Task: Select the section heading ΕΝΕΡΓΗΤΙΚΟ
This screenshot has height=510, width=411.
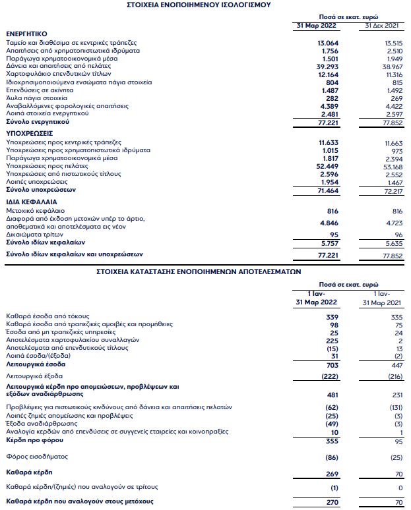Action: coord(26,33)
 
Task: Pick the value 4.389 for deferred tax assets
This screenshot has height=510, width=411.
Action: coord(329,106)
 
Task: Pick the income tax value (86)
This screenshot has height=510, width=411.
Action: coord(331,457)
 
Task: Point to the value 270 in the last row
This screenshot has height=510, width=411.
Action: coord(332,503)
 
